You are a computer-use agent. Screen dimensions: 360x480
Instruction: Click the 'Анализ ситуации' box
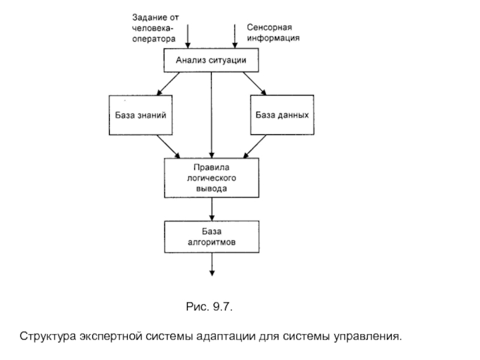pos(211,60)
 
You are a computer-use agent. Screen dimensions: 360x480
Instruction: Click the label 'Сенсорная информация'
pos(273,32)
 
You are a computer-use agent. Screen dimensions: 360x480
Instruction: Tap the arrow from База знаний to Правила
pos(168,146)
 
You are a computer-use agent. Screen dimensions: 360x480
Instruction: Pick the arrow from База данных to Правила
pos(255,146)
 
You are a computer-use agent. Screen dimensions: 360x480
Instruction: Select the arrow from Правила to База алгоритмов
pos(212,209)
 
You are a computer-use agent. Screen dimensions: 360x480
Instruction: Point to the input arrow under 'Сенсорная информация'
pos(234,37)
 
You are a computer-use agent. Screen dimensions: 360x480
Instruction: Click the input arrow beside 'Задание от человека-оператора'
pos(188,36)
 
